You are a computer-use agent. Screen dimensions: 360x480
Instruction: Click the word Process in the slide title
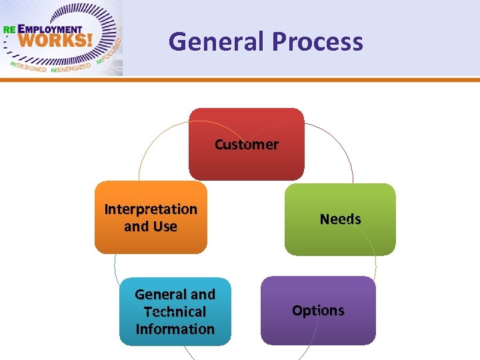[x=317, y=42]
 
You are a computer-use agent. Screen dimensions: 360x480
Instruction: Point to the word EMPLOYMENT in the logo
[x=51, y=29]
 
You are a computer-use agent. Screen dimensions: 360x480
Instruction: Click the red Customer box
[x=247, y=160]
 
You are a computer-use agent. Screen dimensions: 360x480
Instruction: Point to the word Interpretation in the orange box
[x=151, y=209]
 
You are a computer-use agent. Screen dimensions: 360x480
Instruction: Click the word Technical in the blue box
[x=175, y=311]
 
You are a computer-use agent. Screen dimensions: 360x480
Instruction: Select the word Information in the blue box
[x=175, y=329]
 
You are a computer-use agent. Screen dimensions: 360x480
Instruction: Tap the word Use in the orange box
[x=165, y=227]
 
